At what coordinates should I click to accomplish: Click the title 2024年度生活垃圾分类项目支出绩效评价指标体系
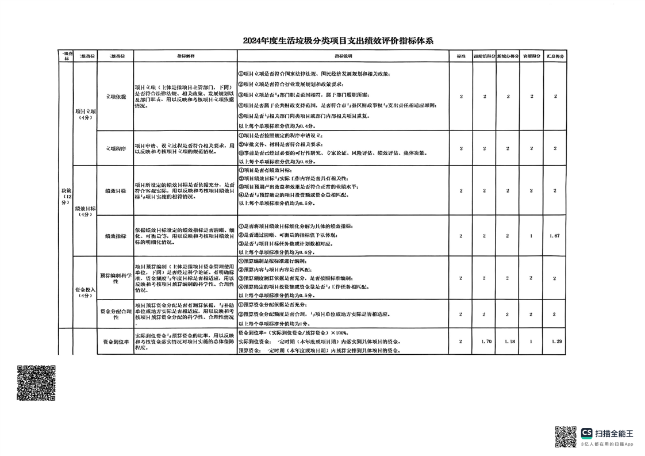(x=337, y=41)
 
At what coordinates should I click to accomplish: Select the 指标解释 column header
(x=185, y=56)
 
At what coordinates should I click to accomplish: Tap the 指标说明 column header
(x=343, y=56)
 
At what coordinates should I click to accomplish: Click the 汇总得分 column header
(x=555, y=56)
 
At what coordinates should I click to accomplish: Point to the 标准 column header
(x=461, y=56)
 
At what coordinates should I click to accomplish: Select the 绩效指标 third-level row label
(x=116, y=236)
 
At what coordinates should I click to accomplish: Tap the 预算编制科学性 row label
(x=116, y=278)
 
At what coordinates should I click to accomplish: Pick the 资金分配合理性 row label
(x=116, y=315)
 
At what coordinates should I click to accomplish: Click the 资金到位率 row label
(x=116, y=342)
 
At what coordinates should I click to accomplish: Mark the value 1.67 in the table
(x=555, y=236)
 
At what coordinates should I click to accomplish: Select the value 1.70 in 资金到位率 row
(x=485, y=342)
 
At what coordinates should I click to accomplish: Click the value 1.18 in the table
(x=508, y=342)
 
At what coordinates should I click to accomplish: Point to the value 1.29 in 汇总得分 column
(x=555, y=342)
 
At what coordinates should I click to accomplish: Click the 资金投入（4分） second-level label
(x=85, y=293)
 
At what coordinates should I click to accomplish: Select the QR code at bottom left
(x=36, y=383)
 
